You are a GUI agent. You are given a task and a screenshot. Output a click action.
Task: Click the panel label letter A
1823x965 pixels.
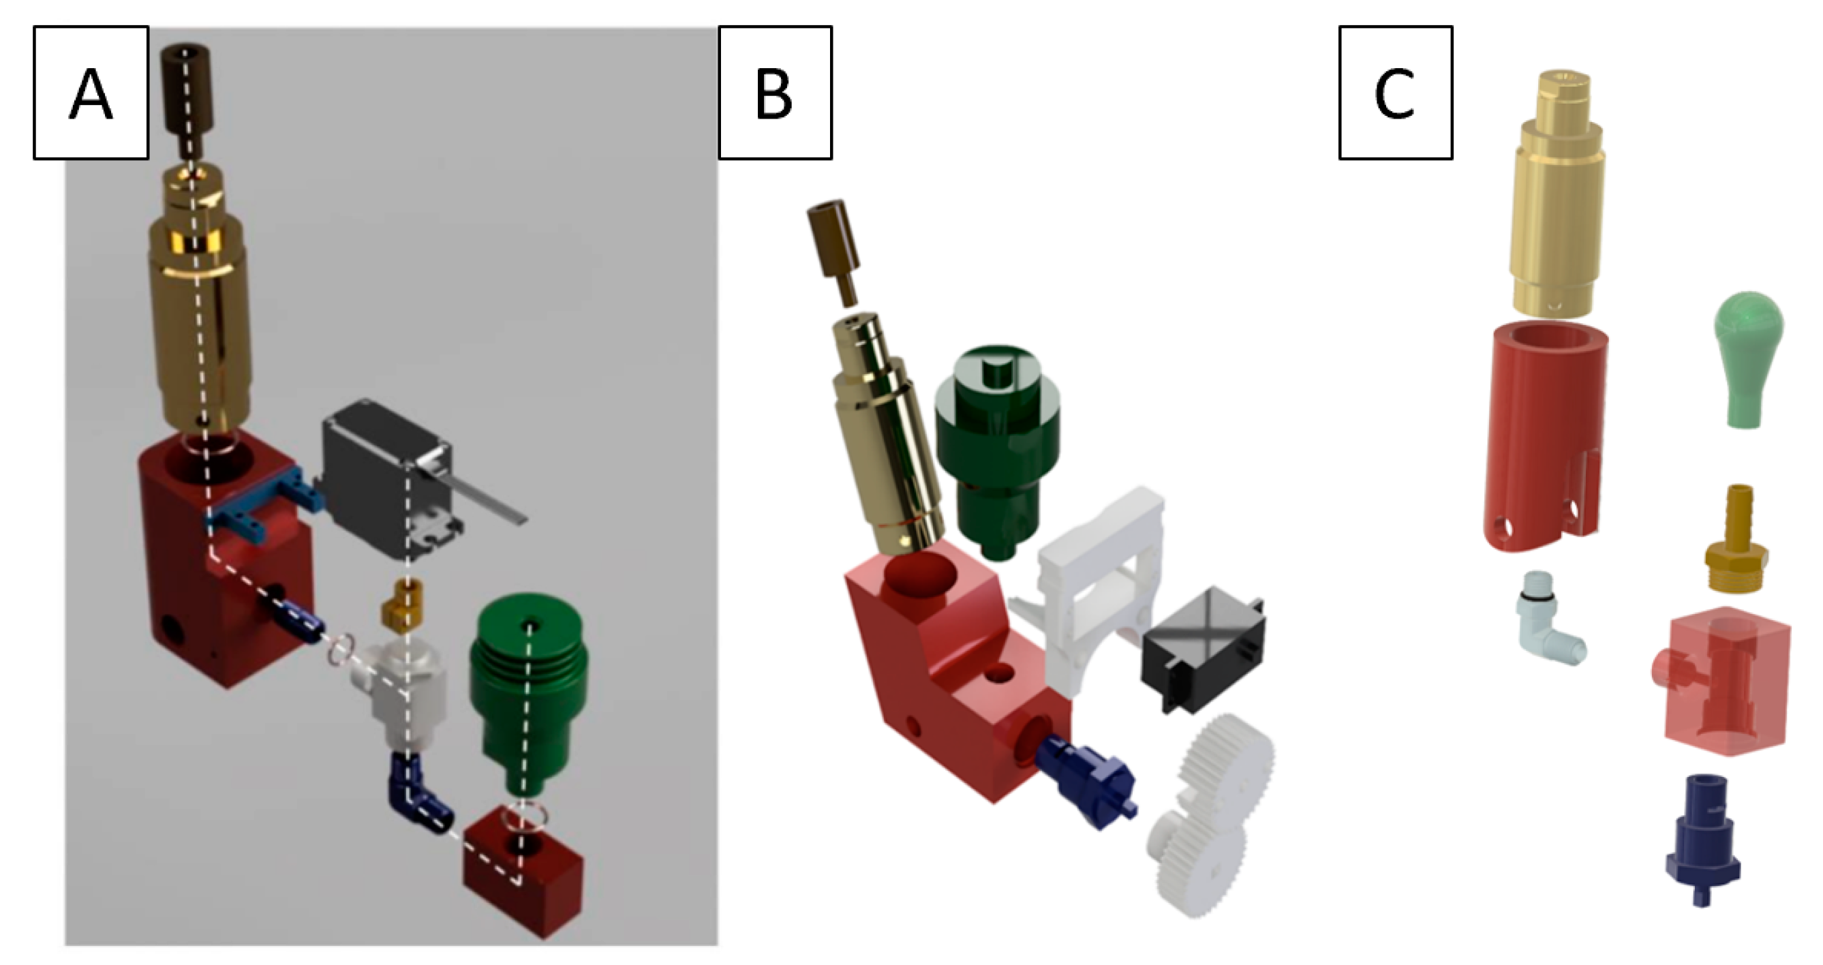(x=91, y=95)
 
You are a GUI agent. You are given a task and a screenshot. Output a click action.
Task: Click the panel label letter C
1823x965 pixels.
(x=1394, y=95)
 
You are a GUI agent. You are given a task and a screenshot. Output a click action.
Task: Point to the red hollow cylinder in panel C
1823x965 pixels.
(x=1544, y=439)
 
